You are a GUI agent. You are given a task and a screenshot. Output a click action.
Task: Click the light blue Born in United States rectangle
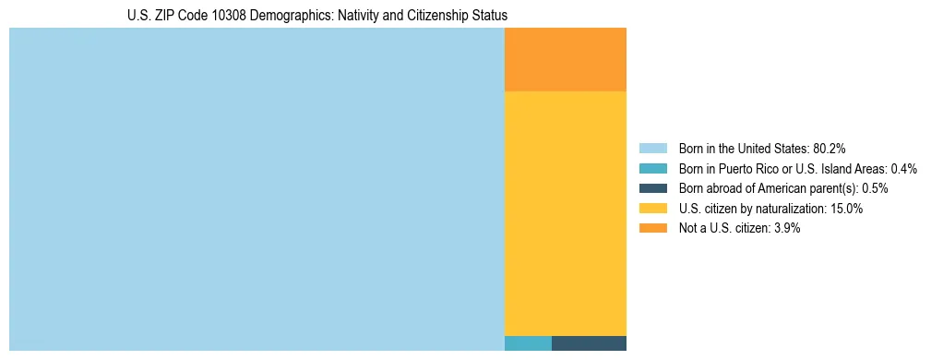pyautogui.click(x=257, y=189)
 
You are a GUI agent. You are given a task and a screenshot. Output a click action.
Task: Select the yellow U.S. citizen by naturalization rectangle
pyautogui.click(x=565, y=213)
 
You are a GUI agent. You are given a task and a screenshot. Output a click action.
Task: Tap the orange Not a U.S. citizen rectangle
pyautogui.click(x=565, y=59)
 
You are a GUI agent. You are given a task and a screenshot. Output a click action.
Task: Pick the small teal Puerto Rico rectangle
pyautogui.click(x=528, y=343)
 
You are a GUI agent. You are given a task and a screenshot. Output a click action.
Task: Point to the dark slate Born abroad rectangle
pyautogui.click(x=589, y=343)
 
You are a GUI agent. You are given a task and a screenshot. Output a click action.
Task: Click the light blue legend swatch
pyautogui.click(x=652, y=148)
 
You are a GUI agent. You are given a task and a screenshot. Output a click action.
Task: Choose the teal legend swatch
pyautogui.click(x=652, y=168)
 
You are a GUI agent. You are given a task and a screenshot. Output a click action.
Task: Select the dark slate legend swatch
pyautogui.click(x=652, y=188)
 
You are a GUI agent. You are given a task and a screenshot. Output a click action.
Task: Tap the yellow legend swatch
pyautogui.click(x=652, y=209)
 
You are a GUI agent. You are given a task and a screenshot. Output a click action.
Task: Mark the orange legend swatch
pyautogui.click(x=652, y=228)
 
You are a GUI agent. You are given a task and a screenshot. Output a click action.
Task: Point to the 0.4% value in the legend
pyautogui.click(x=903, y=168)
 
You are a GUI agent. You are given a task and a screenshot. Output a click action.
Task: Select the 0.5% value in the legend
pyautogui.click(x=874, y=188)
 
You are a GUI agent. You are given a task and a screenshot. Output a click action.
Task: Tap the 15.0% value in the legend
pyautogui.click(x=846, y=209)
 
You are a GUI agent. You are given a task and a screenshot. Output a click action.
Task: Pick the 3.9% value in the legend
pyautogui.click(x=785, y=228)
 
